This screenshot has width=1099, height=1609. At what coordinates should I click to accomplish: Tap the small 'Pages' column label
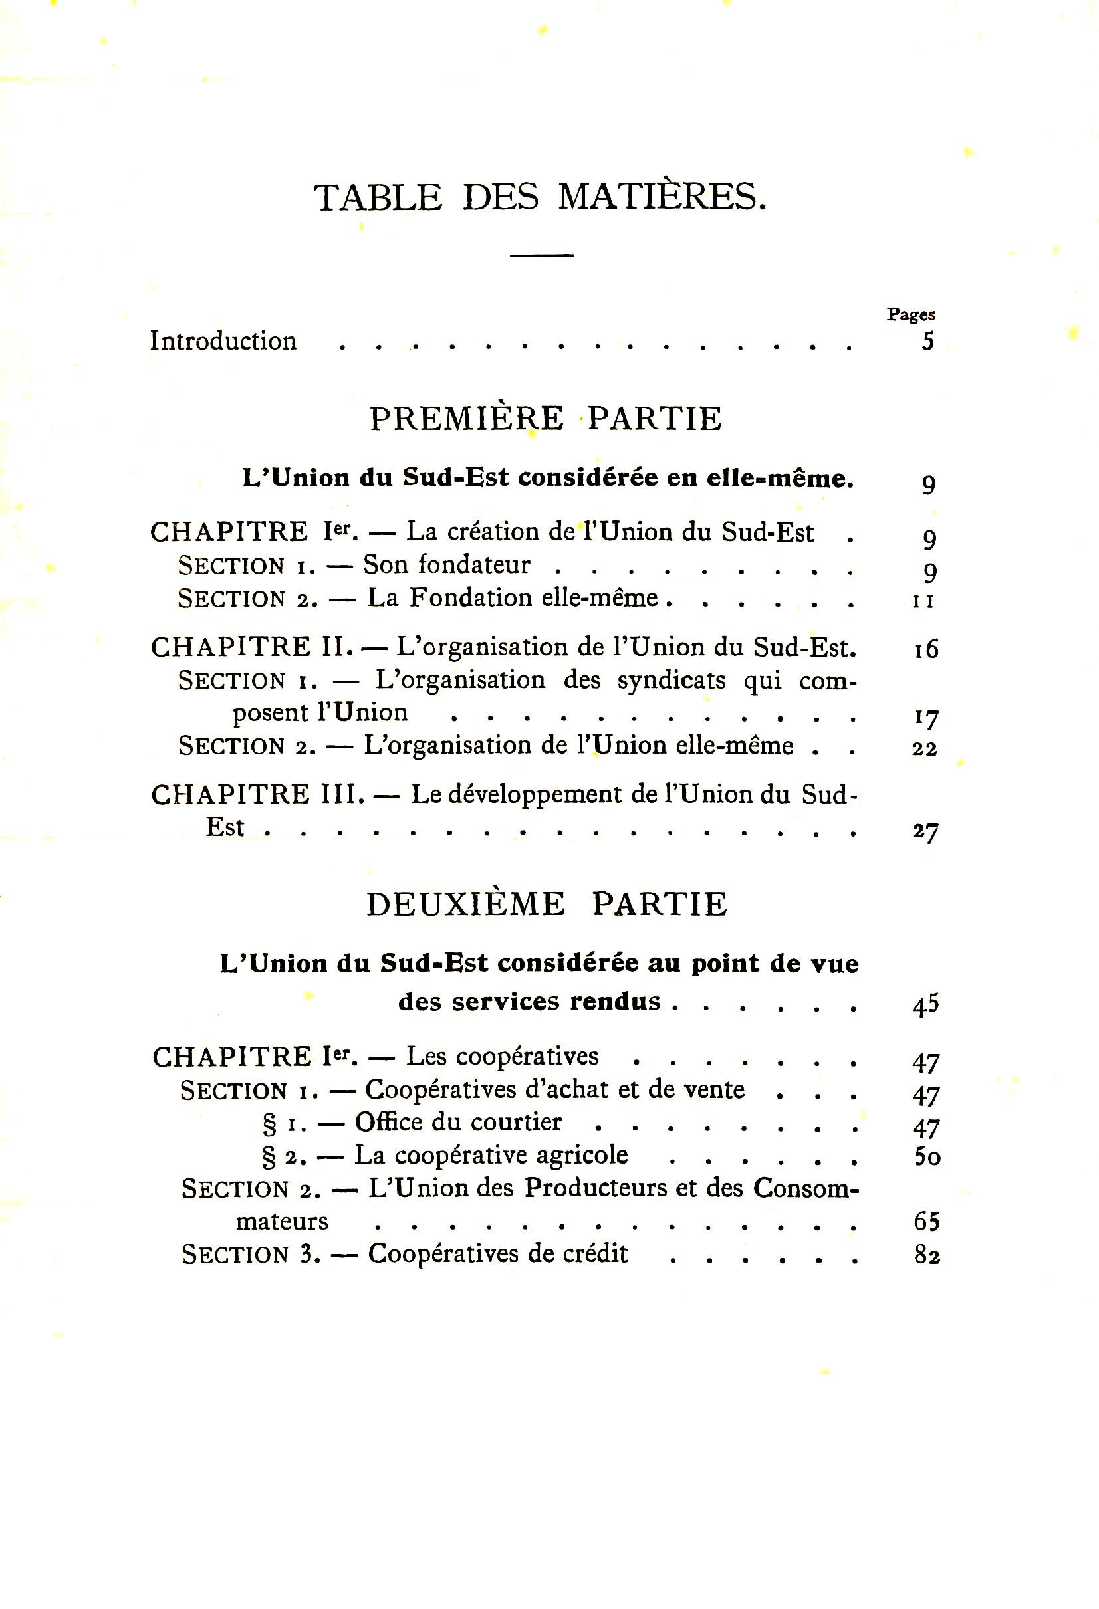tap(911, 315)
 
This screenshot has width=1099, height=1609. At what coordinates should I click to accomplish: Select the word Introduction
tap(223, 341)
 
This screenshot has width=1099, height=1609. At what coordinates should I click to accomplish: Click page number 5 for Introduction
tap(927, 342)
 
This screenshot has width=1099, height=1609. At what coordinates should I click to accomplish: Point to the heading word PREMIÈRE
tap(467, 418)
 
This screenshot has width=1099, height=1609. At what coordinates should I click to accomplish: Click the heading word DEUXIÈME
tap(465, 905)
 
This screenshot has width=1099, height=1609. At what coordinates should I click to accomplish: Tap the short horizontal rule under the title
tap(542, 255)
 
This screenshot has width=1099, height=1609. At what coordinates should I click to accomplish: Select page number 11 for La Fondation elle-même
tap(923, 601)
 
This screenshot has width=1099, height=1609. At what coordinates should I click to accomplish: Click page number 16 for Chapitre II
tap(925, 649)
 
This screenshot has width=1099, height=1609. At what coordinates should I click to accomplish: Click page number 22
tap(925, 748)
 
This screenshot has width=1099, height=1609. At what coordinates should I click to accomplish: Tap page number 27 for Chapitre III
tap(925, 831)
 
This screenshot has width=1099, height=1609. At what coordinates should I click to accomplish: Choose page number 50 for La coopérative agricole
tap(927, 1156)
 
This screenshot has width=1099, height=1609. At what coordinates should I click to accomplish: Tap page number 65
tap(927, 1222)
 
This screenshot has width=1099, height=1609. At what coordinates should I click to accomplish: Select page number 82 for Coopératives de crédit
tap(927, 1255)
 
